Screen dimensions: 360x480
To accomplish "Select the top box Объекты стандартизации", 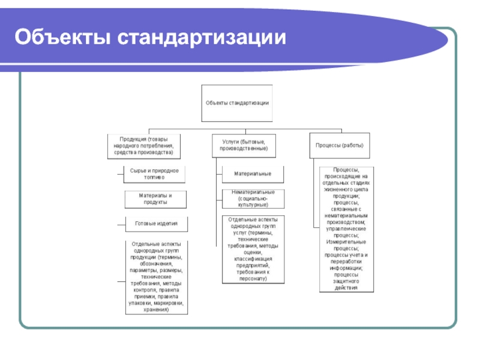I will pyautogui.click(x=237, y=103).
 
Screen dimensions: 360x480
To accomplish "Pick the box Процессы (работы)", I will pyautogui.click(x=340, y=145).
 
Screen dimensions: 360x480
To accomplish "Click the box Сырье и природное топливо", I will pyautogui.click(x=154, y=174).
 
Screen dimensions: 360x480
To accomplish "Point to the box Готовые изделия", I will pyautogui.click(x=155, y=224).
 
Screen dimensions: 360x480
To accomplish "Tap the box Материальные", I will pyautogui.click(x=252, y=174).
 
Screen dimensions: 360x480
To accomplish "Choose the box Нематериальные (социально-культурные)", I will pyautogui.click(x=252, y=199).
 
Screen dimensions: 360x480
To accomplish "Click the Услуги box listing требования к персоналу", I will pyautogui.click(x=252, y=249).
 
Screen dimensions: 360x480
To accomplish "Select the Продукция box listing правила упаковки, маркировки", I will pyautogui.click(x=155, y=277).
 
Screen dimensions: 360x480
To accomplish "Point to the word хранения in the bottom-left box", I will pyautogui.click(x=155, y=310).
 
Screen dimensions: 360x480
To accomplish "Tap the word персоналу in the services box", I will pyautogui.click(x=253, y=278).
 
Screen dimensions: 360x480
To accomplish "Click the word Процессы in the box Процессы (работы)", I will pyautogui.click(x=328, y=145).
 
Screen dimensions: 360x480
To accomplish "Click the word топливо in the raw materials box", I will pyautogui.click(x=154, y=178).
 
